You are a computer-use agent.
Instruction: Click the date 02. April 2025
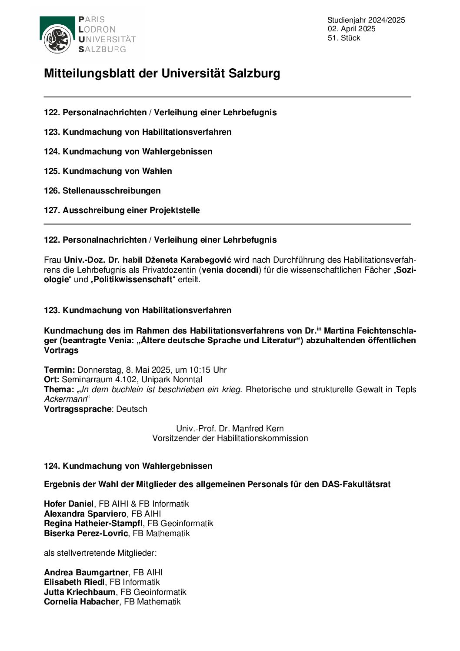(x=351, y=29)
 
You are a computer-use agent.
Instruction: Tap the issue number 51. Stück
(x=344, y=38)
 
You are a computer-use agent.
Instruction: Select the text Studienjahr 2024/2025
(x=366, y=20)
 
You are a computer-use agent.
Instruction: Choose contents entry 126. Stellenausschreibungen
(x=102, y=190)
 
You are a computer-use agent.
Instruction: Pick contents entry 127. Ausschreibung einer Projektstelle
(x=122, y=210)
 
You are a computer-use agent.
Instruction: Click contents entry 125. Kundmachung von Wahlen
(x=108, y=171)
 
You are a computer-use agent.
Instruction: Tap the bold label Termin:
(x=60, y=370)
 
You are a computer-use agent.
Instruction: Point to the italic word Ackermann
(x=65, y=399)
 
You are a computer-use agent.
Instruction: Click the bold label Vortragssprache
(x=77, y=409)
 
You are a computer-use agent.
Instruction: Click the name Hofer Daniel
(x=69, y=504)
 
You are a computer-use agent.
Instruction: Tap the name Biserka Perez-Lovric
(x=86, y=533)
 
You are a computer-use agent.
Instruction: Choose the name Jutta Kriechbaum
(x=80, y=592)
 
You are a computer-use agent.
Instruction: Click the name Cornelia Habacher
(x=81, y=601)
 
